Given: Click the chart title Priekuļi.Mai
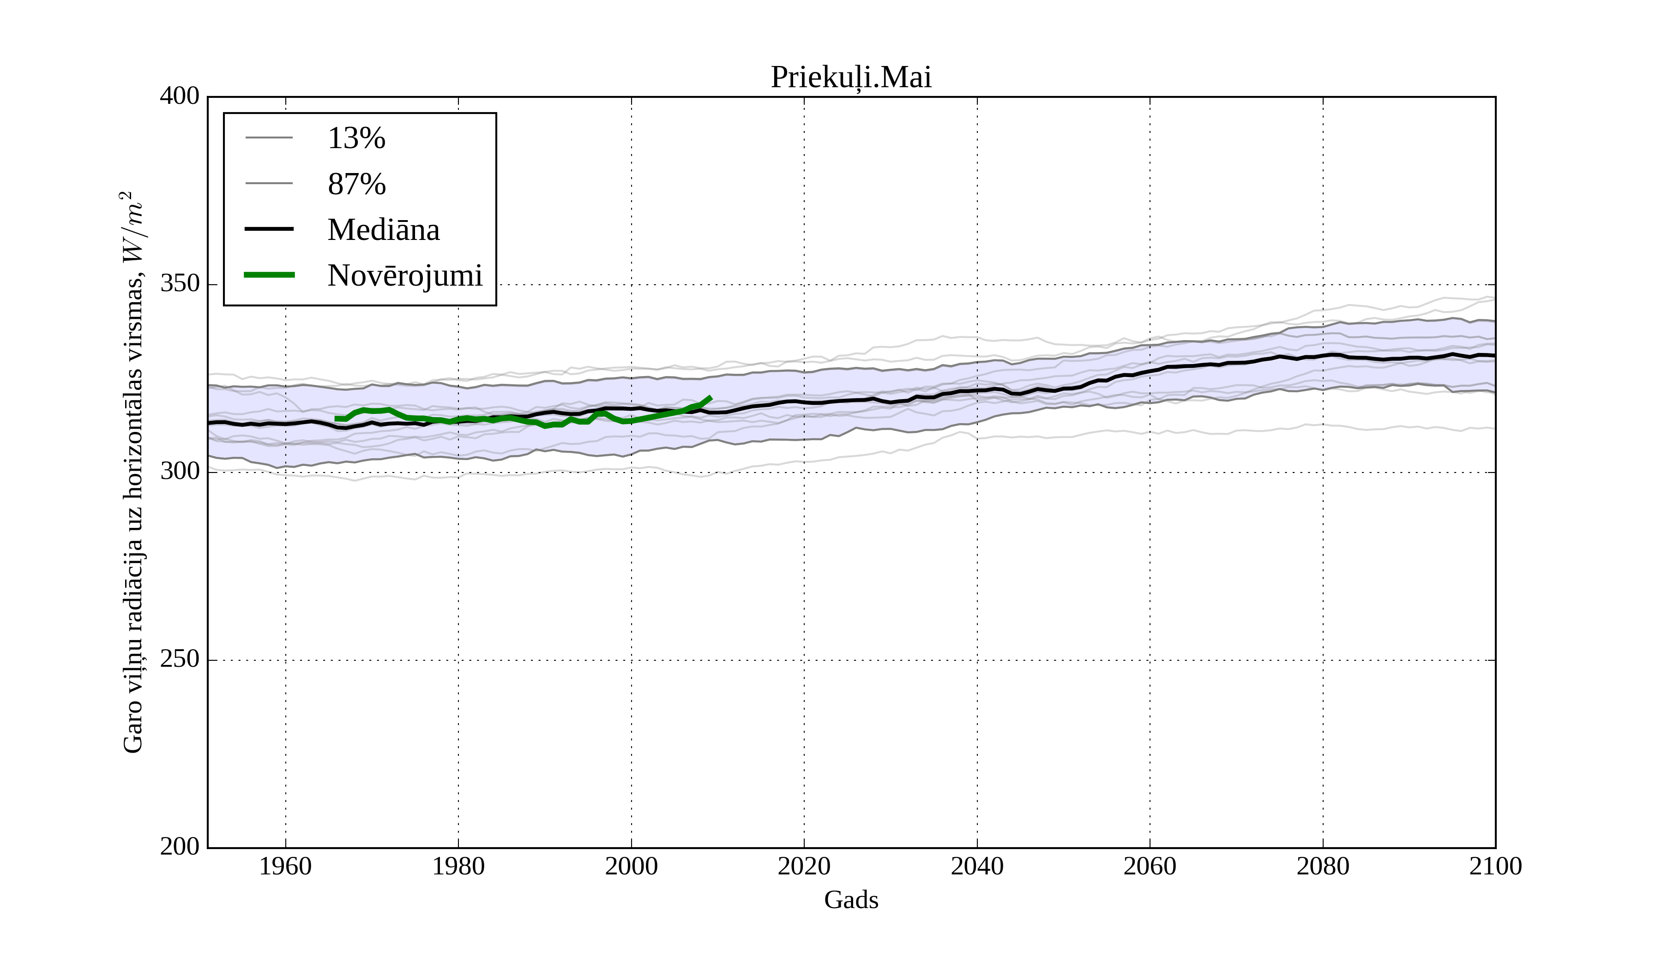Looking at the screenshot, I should [x=851, y=78].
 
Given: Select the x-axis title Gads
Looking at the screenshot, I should [x=851, y=900].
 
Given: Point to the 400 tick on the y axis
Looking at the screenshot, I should [x=180, y=96].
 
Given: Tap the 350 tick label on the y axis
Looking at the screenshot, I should [x=180, y=284].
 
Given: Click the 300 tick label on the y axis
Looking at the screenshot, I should [x=180, y=472].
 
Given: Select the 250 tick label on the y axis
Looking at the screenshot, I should [x=180, y=659].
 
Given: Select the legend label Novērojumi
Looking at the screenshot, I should [x=405, y=275].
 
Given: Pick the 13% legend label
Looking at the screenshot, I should [x=356, y=138].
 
